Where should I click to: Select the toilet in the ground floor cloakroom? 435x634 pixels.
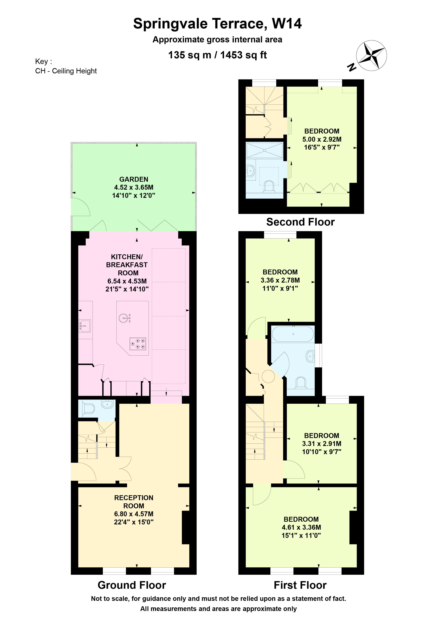pyautogui.click(x=89, y=409)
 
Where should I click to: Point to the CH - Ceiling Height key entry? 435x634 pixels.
pyautogui.click(x=66, y=71)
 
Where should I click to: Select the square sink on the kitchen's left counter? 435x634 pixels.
pyautogui.click(x=85, y=326)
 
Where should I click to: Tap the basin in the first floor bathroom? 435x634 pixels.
pyautogui.click(x=310, y=356)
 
